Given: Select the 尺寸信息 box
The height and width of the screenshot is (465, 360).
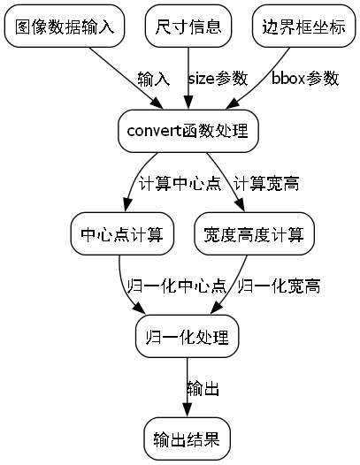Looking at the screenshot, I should (188, 27).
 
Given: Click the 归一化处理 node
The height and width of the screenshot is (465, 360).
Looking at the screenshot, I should (188, 338).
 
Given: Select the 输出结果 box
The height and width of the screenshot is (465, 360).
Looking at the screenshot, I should (188, 439).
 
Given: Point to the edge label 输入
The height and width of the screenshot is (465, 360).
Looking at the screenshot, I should (154, 80).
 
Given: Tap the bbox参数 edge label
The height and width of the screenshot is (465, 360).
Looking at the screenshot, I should (305, 80).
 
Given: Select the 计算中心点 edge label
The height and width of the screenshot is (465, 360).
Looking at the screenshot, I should (180, 184).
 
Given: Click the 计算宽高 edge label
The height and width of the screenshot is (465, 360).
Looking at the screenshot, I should (266, 184).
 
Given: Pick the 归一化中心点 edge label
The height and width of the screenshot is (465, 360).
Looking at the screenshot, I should (176, 286).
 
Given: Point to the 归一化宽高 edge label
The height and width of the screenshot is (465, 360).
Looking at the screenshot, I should (279, 286).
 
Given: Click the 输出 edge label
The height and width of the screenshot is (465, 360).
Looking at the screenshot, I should (203, 389).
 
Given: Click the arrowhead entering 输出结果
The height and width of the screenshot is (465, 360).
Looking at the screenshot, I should (188, 411).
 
